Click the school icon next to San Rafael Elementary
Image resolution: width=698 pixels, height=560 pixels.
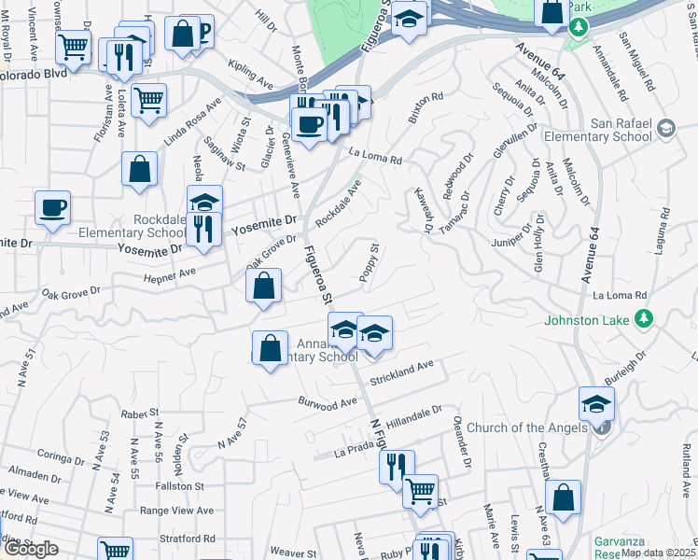(x=665, y=128)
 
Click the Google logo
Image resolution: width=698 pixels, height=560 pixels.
(x=31, y=549)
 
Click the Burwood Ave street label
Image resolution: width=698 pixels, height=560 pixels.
(x=328, y=403)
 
